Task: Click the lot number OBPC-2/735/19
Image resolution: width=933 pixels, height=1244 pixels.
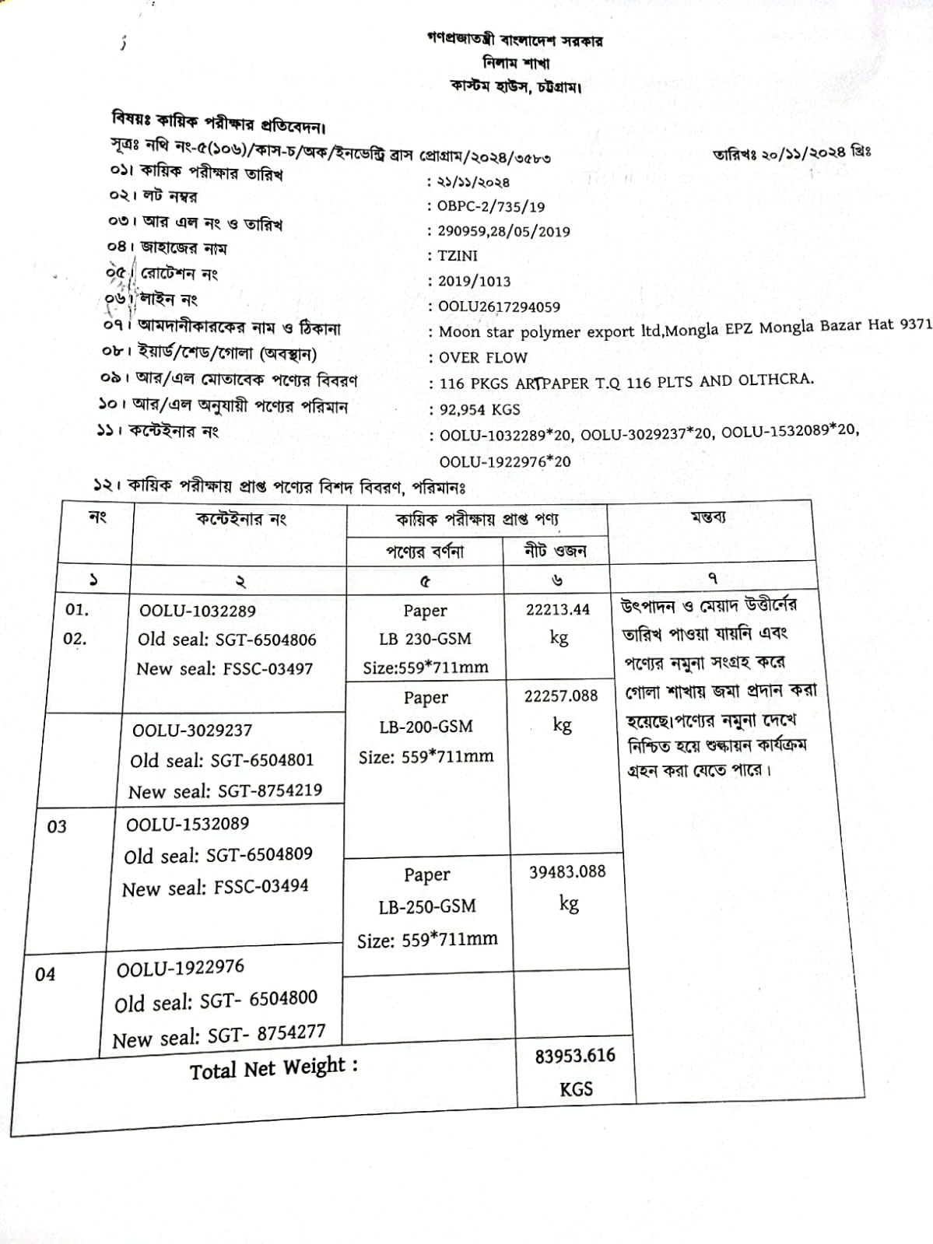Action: tap(491, 207)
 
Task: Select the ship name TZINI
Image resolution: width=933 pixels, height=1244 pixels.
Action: tap(458, 256)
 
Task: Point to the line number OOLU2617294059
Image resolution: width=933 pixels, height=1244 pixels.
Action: tap(499, 307)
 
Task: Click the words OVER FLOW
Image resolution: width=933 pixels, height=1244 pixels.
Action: tap(483, 358)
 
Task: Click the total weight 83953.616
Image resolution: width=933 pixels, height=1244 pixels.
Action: tap(575, 1056)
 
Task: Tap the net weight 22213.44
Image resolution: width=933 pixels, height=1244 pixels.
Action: tap(558, 609)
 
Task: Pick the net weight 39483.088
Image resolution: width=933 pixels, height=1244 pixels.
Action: tap(567, 872)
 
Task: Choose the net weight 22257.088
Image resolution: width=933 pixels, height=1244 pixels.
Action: tap(561, 696)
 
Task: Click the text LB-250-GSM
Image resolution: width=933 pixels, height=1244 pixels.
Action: tap(427, 907)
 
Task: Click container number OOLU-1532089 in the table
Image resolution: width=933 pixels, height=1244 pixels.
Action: tap(188, 824)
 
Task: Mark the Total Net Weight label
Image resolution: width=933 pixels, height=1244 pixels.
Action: tap(274, 1069)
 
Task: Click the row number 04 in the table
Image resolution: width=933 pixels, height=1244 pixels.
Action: tap(45, 974)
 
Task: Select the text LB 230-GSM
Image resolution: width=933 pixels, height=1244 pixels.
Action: tap(425, 639)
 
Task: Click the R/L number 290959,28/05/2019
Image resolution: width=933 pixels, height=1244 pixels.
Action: tap(503, 231)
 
